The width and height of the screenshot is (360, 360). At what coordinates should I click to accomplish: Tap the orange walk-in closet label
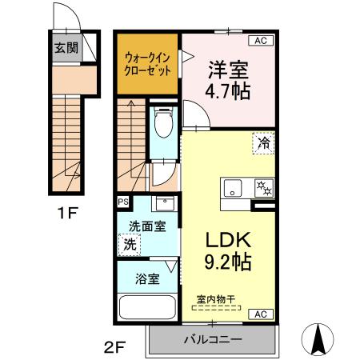(146, 63)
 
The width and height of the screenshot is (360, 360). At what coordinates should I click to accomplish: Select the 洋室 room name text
(229, 70)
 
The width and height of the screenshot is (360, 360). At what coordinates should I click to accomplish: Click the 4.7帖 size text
(229, 90)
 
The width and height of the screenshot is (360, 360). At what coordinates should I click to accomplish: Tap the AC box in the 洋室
(262, 39)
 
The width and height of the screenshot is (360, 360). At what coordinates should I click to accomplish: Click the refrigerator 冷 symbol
(263, 143)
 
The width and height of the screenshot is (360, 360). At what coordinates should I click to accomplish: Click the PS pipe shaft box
(123, 202)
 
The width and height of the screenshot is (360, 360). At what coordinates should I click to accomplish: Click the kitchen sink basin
(234, 189)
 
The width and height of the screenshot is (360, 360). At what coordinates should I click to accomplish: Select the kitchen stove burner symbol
(261, 189)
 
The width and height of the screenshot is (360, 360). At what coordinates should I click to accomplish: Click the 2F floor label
(114, 347)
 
